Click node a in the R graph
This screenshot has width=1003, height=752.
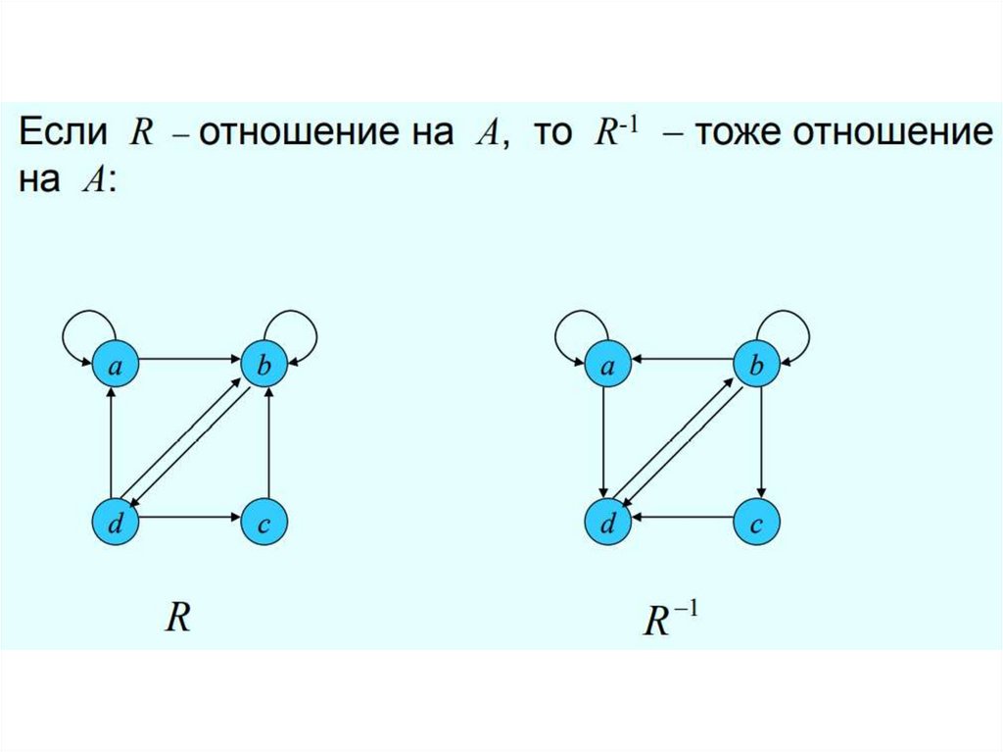tap(116, 366)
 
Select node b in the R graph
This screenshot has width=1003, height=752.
tap(264, 366)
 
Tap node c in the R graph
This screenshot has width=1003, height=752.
tap(264, 526)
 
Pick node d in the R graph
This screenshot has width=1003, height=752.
tap(116, 526)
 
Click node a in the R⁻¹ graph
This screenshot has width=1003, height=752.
tap(608, 366)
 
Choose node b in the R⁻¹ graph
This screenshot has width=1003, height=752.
tap(757, 366)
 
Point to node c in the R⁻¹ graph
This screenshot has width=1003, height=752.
tap(757, 526)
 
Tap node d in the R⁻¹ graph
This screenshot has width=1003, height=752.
tap(608, 526)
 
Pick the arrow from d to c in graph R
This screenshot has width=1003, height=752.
tap(190, 518)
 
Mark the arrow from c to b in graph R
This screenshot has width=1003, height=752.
tap(270, 446)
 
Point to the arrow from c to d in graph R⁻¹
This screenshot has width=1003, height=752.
tap(683, 518)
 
